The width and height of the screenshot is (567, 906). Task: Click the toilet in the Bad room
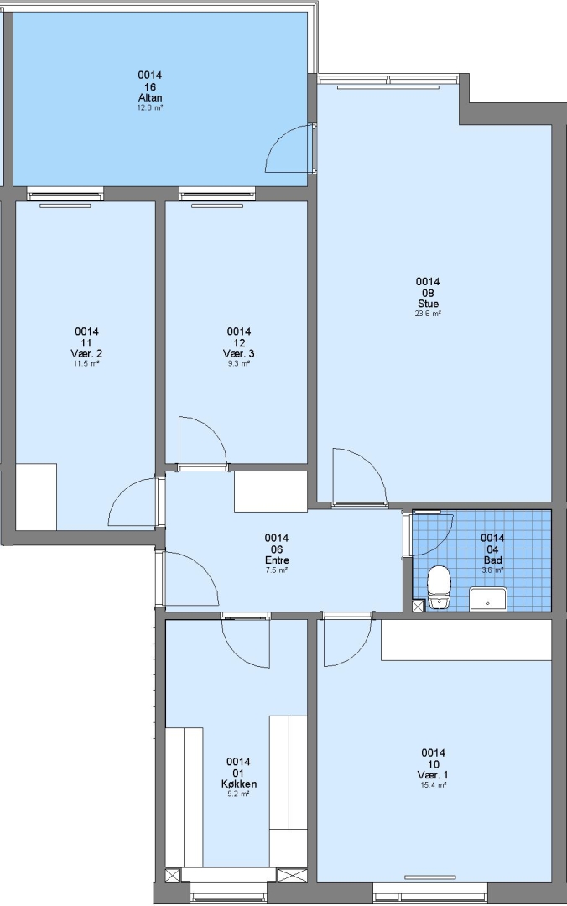click(x=439, y=587)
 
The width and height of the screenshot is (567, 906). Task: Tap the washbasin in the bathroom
click(x=488, y=599)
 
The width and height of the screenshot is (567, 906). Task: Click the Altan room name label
click(x=149, y=97)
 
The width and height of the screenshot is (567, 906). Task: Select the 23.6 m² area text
click(x=428, y=314)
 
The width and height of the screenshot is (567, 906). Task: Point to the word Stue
click(x=428, y=304)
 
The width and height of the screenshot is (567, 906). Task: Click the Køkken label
click(x=239, y=784)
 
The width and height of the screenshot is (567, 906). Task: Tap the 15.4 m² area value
click(x=433, y=784)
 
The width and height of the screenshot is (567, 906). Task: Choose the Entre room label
click(x=277, y=560)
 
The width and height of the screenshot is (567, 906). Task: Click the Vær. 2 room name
click(x=86, y=353)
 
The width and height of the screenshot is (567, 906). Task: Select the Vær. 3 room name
click(x=239, y=353)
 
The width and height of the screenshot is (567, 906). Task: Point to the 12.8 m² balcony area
click(x=149, y=107)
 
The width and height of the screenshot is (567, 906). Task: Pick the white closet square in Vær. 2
click(x=36, y=497)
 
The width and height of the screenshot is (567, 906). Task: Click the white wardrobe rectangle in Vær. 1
click(x=466, y=639)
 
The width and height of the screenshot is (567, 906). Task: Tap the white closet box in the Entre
click(x=270, y=491)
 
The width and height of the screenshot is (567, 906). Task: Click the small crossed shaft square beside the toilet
click(x=418, y=607)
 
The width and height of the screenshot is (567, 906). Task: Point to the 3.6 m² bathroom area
click(x=492, y=570)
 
